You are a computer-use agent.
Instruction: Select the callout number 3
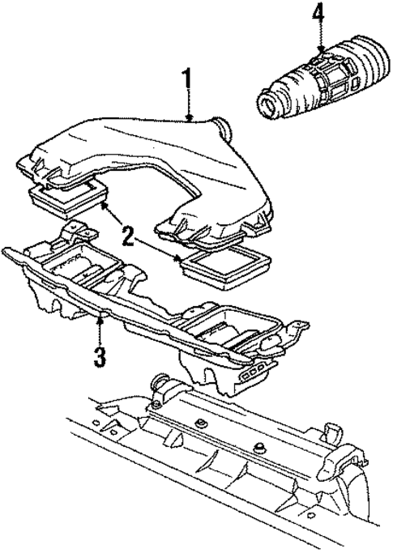(x=99, y=357)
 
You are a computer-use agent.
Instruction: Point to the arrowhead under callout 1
(x=189, y=118)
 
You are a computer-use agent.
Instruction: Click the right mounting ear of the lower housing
(x=299, y=327)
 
